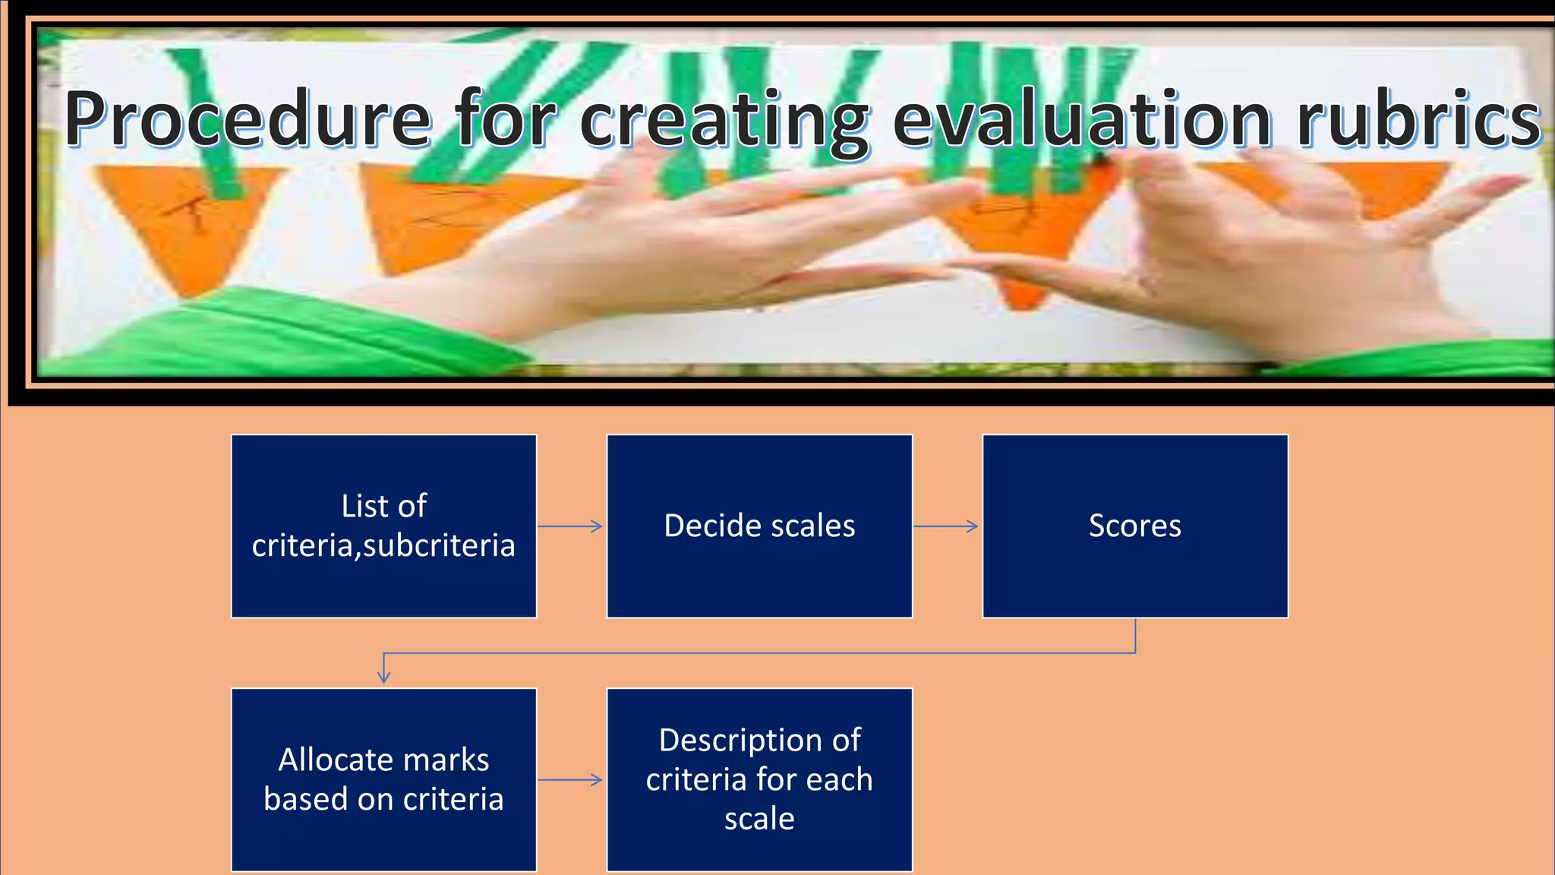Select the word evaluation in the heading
tap(1082, 120)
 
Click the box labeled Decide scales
tap(759, 526)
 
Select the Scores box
tap(1135, 526)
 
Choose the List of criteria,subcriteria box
tap(383, 526)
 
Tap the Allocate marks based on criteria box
tap(383, 779)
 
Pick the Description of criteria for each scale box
tap(759, 779)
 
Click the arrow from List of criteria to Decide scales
tap(571, 526)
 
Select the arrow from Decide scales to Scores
tap(946, 526)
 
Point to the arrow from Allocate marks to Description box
tap(571, 779)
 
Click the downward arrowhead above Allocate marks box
tap(383, 675)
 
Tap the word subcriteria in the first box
tap(440, 546)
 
